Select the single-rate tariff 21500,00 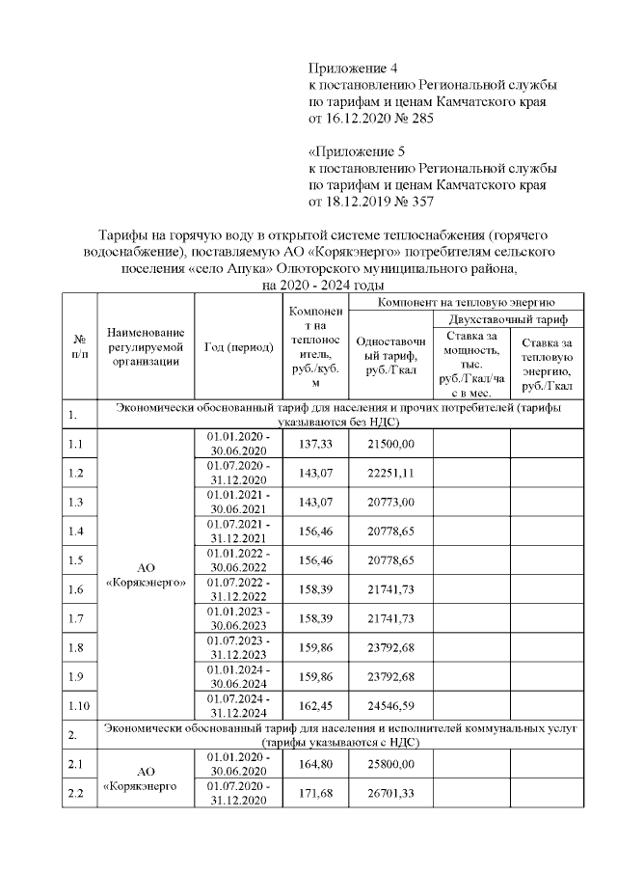pyautogui.click(x=390, y=444)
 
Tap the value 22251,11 pyautogui.click(x=390, y=473)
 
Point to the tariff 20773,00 pyautogui.click(x=390, y=502)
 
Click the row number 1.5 pyautogui.click(x=77, y=559)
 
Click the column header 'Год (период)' pyautogui.click(x=237, y=347)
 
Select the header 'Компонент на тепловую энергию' pyautogui.click(x=465, y=302)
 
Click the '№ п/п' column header pyautogui.click(x=79, y=347)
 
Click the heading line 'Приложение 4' pyautogui.click(x=353, y=68)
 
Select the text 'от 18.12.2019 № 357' pyautogui.click(x=371, y=202)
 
